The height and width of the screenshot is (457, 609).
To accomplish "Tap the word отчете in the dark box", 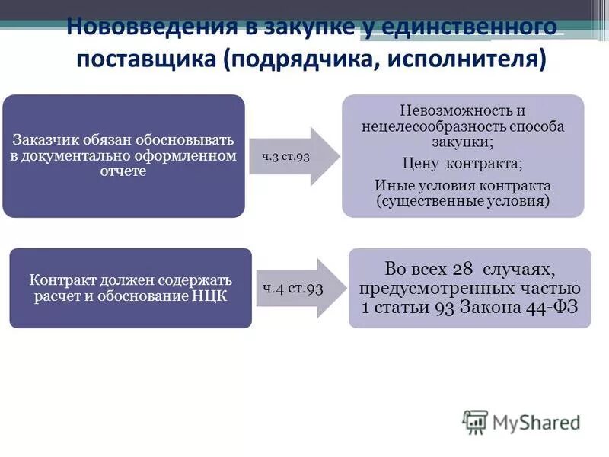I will (123, 171).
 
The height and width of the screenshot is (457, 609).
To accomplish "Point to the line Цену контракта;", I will (462, 164).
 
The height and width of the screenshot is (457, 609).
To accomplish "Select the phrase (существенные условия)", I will (462, 201).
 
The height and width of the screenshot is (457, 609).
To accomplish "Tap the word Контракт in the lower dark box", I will (60, 280).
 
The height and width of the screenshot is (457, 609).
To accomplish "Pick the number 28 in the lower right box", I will (462, 269).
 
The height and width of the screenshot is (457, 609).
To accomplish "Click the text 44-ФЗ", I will (553, 308).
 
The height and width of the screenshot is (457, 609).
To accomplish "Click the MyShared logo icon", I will (475, 421).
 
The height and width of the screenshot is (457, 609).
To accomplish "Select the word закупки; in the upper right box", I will (462, 142).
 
